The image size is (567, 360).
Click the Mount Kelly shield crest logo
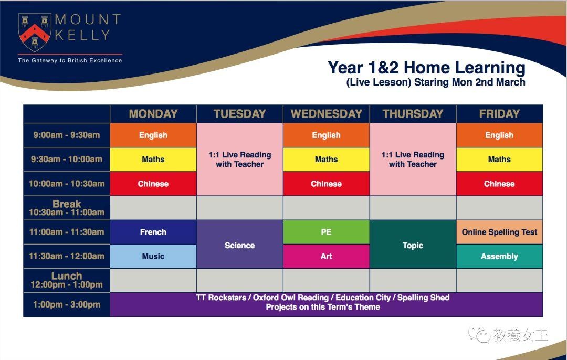click(34, 32)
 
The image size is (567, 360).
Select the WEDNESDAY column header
click(326, 114)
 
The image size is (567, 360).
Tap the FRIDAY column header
click(499, 114)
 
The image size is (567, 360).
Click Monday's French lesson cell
click(153, 232)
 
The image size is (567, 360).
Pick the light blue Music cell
click(153, 256)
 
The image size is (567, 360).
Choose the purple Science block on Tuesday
click(240, 245)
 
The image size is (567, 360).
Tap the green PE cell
click(326, 232)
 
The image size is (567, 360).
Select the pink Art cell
click(326, 256)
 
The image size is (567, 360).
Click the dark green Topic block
click(413, 245)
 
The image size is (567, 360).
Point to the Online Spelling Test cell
click(499, 232)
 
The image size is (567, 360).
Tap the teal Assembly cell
click(499, 256)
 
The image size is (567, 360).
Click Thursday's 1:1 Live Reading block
click(413, 160)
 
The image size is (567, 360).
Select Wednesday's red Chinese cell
click(326, 184)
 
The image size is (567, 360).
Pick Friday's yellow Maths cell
click(499, 160)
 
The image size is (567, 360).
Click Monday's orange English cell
click(153, 135)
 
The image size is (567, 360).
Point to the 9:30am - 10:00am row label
click(67, 160)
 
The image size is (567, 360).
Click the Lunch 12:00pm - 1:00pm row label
click(67, 280)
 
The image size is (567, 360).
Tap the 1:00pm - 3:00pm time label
click(67, 305)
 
